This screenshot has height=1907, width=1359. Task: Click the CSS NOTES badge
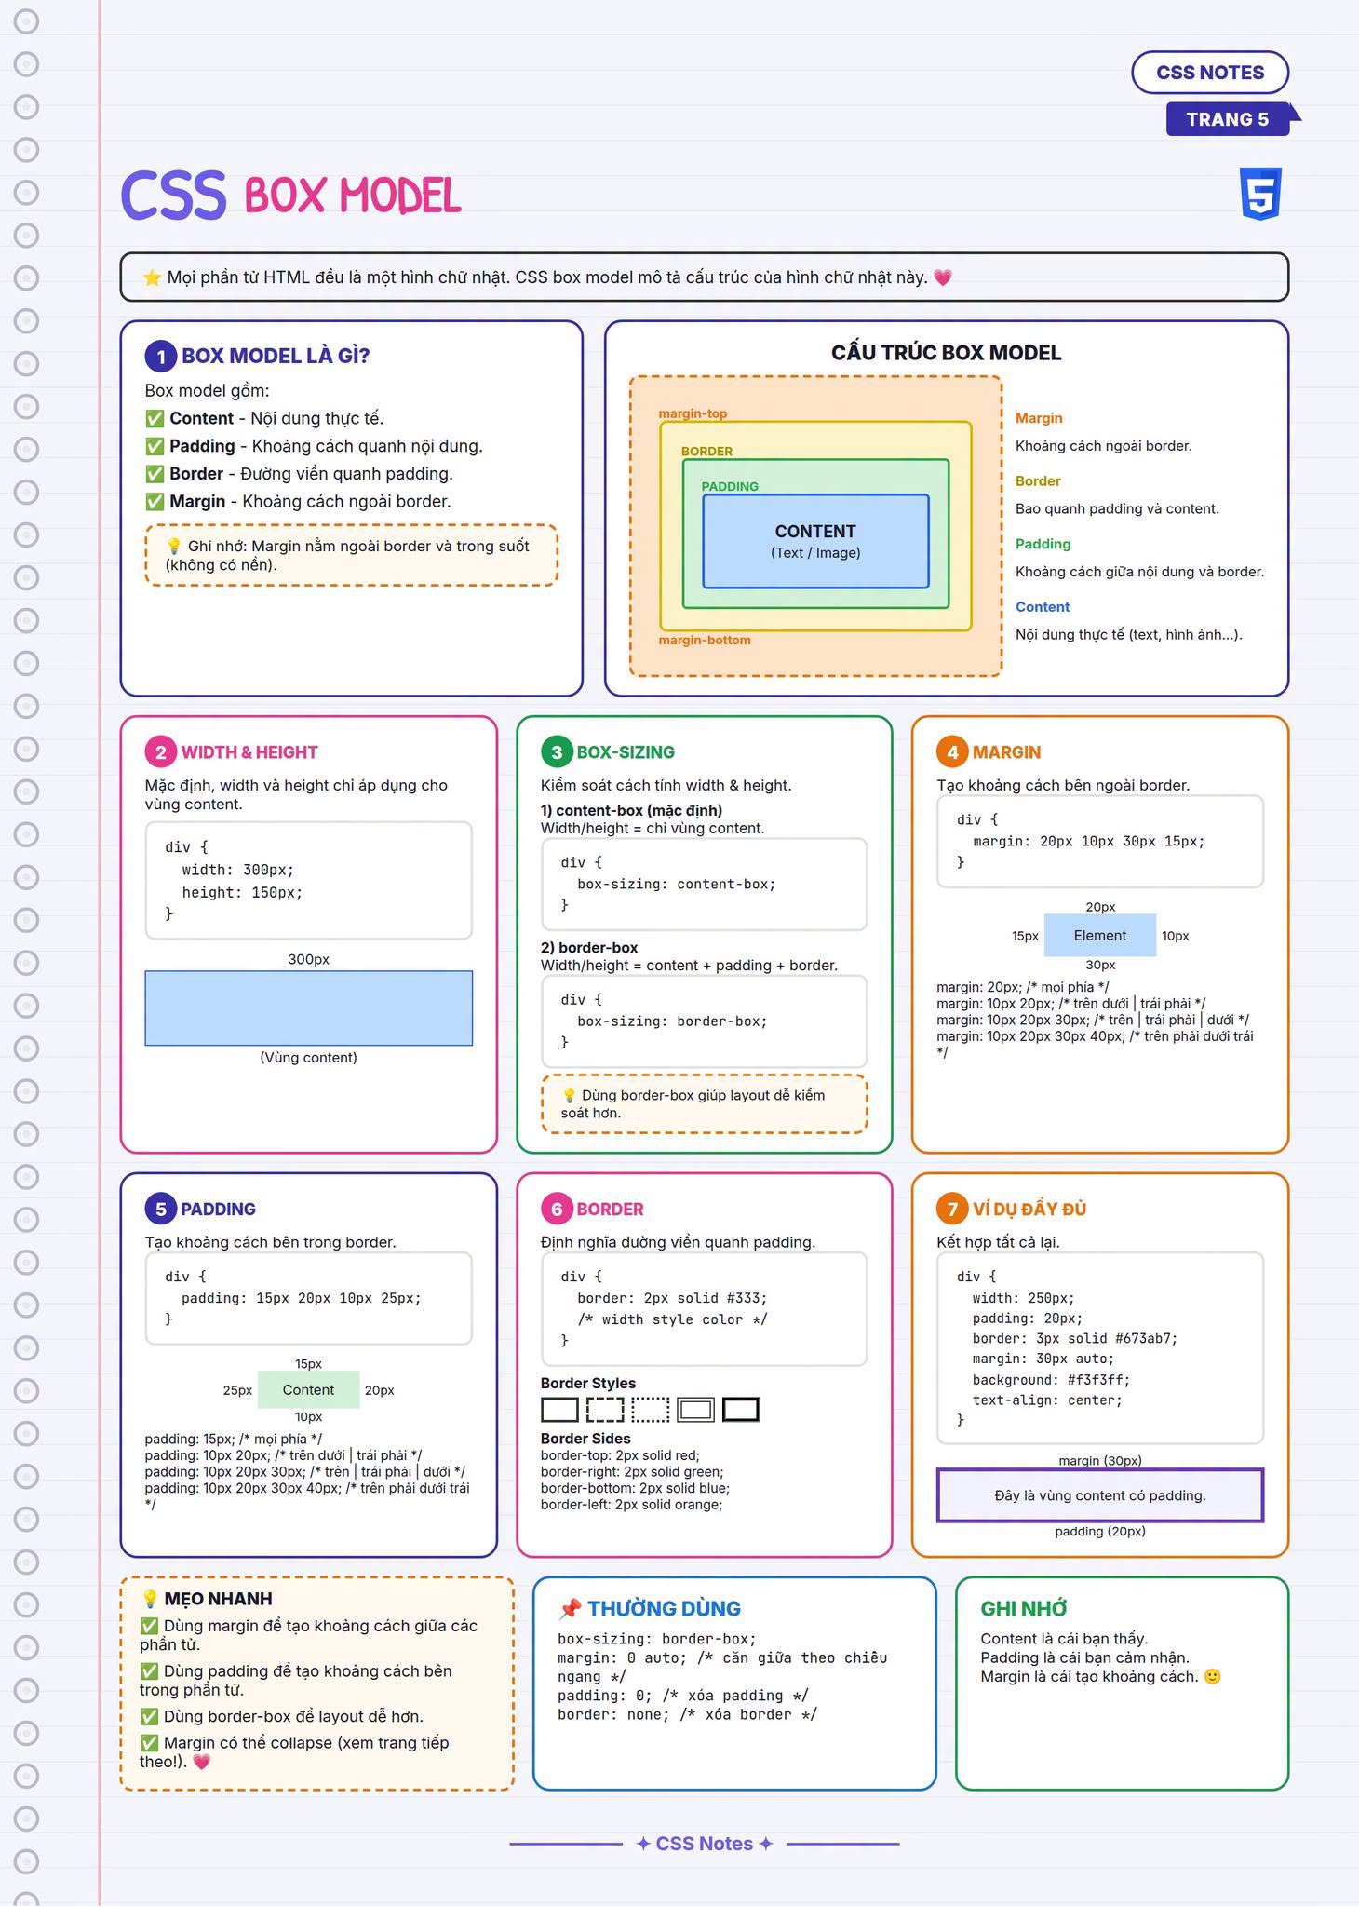click(x=1210, y=73)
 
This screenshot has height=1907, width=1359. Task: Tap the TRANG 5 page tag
click(x=1229, y=119)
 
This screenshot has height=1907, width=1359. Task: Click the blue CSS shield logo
click(x=1261, y=194)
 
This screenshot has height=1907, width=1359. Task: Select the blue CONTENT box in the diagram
click(x=815, y=541)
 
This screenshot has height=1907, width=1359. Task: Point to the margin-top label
click(x=693, y=413)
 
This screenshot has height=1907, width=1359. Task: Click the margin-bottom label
click(x=705, y=640)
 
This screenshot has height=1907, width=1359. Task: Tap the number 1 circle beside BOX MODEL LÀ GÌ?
click(x=161, y=356)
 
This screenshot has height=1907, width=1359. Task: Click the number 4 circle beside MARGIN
click(x=952, y=752)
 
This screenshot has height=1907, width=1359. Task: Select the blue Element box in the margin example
click(x=1100, y=936)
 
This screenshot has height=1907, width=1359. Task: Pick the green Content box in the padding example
click(x=308, y=1390)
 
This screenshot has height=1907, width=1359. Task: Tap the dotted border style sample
click(x=650, y=1410)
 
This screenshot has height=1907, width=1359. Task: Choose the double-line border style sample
click(x=695, y=1410)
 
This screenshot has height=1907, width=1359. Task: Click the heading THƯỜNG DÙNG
click(x=664, y=1608)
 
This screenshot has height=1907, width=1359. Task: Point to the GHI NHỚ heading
click(x=1024, y=1608)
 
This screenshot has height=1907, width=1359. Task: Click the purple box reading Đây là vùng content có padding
click(x=1100, y=1495)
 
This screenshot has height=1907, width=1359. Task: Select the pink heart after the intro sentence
click(x=943, y=277)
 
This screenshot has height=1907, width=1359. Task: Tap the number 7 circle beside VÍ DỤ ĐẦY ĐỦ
click(x=952, y=1209)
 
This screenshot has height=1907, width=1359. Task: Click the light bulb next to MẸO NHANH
click(x=149, y=1599)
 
